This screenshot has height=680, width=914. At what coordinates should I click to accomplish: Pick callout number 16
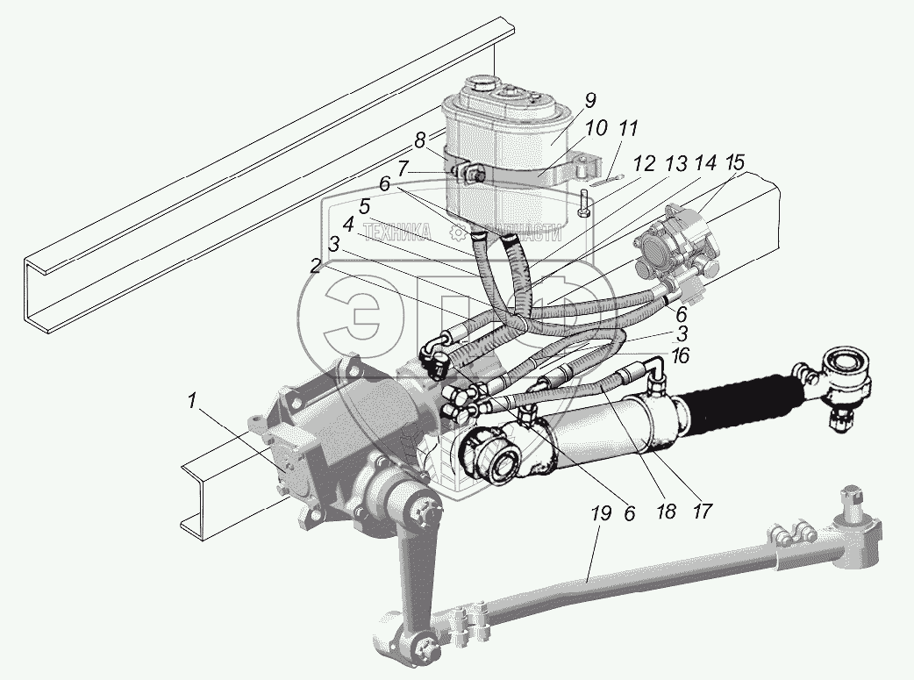pyautogui.click(x=680, y=356)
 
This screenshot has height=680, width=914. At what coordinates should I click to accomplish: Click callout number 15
pyautogui.click(x=735, y=163)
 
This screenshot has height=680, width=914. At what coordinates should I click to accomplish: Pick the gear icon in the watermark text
pyautogui.click(x=458, y=233)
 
